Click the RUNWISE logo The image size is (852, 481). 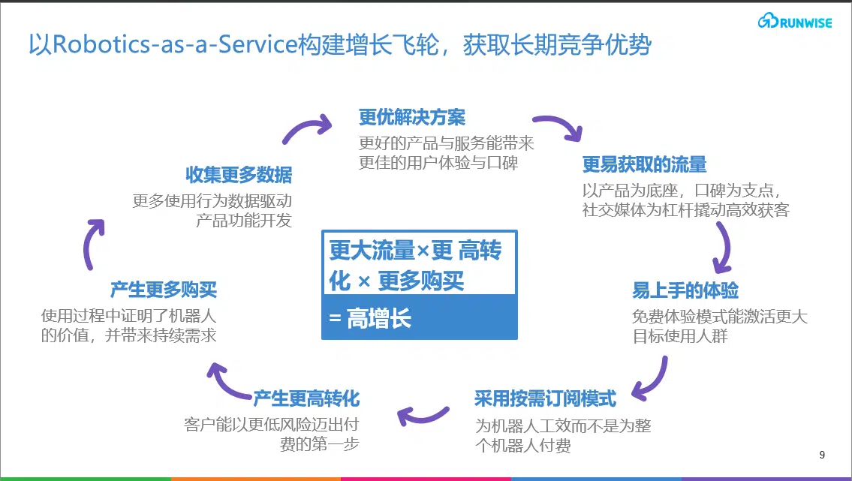pos(794,21)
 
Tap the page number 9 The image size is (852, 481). pos(822,455)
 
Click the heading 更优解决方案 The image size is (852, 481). pos(412,117)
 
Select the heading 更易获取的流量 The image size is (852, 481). pos(644,164)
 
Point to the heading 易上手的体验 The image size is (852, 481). pos(685,290)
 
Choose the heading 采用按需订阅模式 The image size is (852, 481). pos(546,398)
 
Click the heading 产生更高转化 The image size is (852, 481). pos(306,398)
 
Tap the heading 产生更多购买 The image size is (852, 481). pos(164,290)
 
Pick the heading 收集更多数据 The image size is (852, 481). pos(239,175)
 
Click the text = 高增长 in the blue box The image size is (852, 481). pos(370,318)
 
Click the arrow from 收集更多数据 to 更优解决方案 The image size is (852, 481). pos(304,128)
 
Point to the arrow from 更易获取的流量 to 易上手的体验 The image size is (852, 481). pos(725,248)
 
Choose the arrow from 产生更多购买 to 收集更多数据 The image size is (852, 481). pos(89,245)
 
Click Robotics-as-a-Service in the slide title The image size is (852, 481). pos(175,44)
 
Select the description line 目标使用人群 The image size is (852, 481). pos(680,336)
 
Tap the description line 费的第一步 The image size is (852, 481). pos(320,444)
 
